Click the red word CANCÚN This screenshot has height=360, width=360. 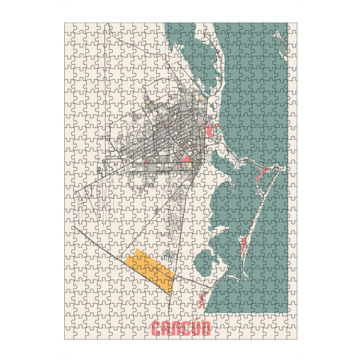point(181,329)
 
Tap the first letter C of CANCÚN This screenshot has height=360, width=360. point(157,329)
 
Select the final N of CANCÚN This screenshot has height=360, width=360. point(205,329)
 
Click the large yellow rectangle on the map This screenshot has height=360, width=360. point(151,270)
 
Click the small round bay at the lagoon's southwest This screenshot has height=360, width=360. point(205,259)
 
